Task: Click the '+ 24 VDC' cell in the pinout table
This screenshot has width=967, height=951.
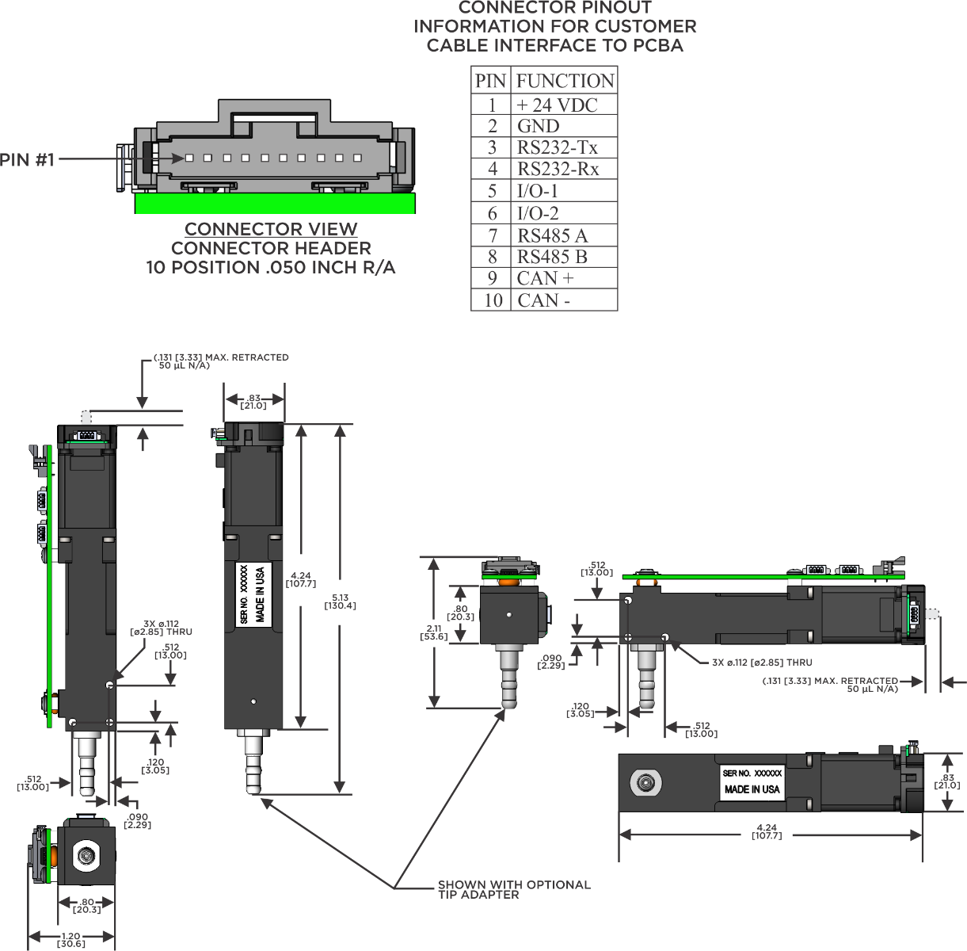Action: click(557, 105)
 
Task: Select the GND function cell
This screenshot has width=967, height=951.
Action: click(539, 126)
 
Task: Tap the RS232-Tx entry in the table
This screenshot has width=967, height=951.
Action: click(558, 147)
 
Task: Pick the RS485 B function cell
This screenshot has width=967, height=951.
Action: click(553, 257)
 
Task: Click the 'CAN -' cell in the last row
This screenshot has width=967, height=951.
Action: click(543, 300)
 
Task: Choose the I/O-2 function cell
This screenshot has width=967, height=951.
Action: click(539, 213)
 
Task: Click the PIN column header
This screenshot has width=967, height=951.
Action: click(490, 81)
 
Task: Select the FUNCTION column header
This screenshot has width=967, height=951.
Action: click(565, 81)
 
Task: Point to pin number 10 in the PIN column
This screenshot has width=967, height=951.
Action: click(493, 300)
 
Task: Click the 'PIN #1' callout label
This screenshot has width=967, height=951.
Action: click(27, 160)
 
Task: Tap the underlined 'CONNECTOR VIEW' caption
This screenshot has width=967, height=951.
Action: click(271, 229)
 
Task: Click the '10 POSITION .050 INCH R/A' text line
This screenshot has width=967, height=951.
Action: click(271, 268)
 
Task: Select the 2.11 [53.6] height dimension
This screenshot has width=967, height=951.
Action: click(434, 632)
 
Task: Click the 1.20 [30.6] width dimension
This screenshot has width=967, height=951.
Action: click(70, 940)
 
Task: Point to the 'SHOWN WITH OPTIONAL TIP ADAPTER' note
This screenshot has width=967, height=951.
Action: click(513, 889)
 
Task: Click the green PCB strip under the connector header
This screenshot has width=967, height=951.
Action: click(275, 204)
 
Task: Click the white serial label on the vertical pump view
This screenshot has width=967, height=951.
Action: click(254, 594)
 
